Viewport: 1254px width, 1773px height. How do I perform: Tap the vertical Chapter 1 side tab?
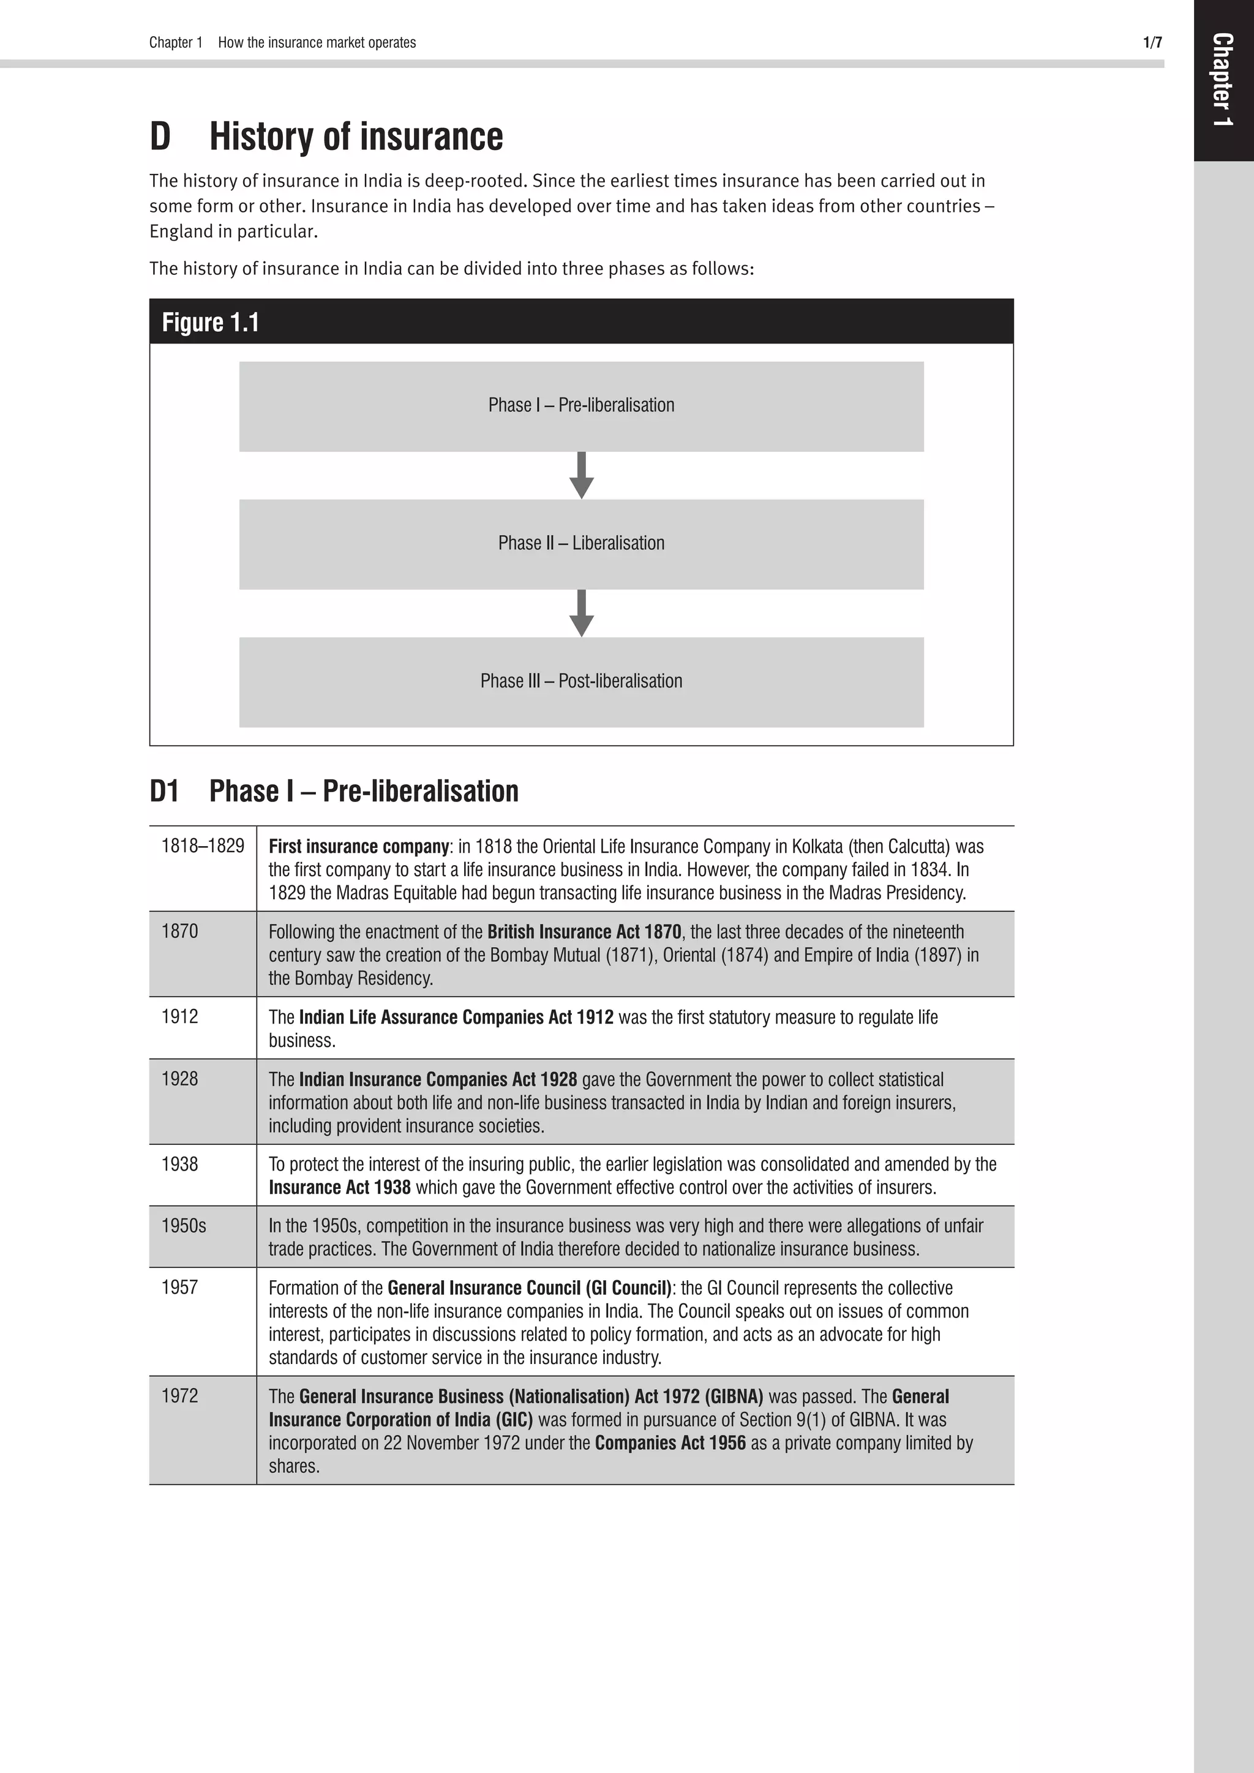click(x=1222, y=80)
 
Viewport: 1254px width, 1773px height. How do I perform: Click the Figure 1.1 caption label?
click(x=210, y=322)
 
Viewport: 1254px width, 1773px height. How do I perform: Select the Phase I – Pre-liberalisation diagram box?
click(x=580, y=406)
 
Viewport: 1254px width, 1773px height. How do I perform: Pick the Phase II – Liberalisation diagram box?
click(x=580, y=544)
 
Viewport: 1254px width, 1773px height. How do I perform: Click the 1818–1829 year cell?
click(x=202, y=846)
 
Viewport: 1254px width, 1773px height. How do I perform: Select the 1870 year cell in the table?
click(x=180, y=931)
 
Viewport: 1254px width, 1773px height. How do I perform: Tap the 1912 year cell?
click(x=180, y=1016)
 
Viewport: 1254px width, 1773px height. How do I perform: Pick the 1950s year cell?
click(x=184, y=1226)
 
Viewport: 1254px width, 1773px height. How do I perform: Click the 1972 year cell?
click(x=180, y=1395)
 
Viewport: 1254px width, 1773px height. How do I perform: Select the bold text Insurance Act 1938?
click(x=340, y=1187)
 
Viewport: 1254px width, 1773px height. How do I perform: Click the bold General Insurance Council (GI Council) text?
click(x=529, y=1288)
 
